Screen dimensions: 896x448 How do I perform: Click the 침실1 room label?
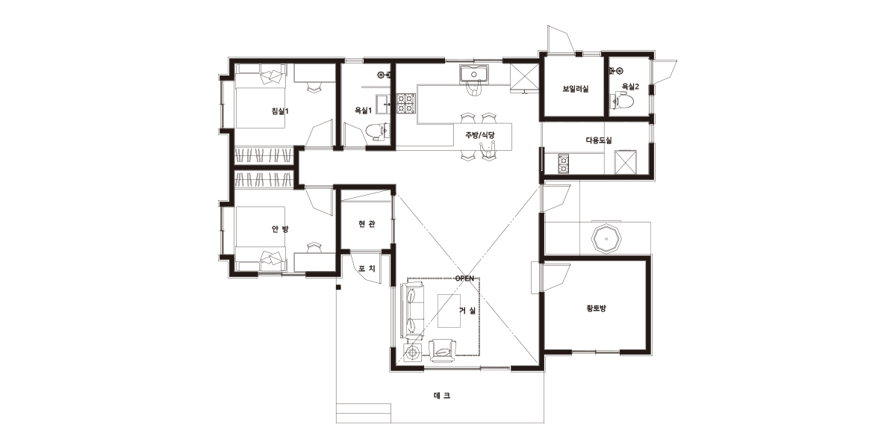pos(280,111)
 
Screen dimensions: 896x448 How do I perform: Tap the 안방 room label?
pos(280,228)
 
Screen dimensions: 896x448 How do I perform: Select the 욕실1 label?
pos(363,111)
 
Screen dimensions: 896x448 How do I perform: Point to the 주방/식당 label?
pos(480,135)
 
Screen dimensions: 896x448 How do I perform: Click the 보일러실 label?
pos(576,89)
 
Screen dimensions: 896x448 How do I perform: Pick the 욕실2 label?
pos(630,86)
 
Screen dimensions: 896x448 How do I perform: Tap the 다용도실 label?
pos(599,140)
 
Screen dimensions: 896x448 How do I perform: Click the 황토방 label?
pos(596,308)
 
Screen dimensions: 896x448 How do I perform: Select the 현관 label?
pos(367,223)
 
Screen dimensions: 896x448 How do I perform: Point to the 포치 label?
pos(367,268)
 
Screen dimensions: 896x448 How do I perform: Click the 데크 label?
pos(442,396)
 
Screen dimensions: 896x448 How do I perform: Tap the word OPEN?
pos(464,279)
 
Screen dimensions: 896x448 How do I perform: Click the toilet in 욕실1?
pos(376,133)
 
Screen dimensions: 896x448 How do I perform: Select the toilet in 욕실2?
pos(623,100)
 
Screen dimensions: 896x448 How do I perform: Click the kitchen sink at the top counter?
pos(473,75)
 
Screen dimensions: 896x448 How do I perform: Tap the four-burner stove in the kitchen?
pos(406,102)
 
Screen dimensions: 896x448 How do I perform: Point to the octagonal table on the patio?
pos(607,239)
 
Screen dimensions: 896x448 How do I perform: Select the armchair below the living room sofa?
pos(442,351)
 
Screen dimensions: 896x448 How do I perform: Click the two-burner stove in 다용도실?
pos(563,164)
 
